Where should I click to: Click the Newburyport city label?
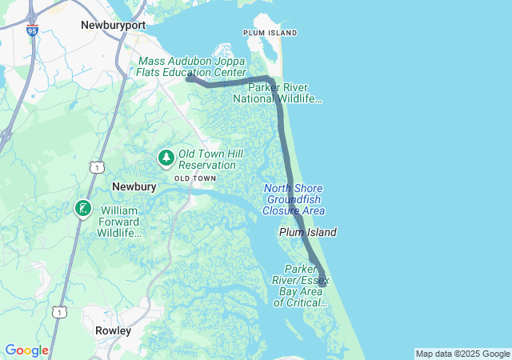coord(113,26)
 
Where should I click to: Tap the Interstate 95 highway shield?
coord(31,30)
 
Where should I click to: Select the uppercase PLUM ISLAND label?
coord(270,33)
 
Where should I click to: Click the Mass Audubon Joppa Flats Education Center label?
coord(192,66)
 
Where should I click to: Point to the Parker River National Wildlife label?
coord(278,93)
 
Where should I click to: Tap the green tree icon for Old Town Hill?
coord(166,158)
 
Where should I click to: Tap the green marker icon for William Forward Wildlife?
coord(82,209)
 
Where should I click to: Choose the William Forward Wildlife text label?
coord(119,222)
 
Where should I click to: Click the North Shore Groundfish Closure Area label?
coord(294,199)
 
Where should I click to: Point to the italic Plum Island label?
coord(307,232)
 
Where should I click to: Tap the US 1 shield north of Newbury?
coord(95,166)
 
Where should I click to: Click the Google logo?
coord(26,350)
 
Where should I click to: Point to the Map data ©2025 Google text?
coord(462,354)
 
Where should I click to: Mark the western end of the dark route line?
coord(189,78)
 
